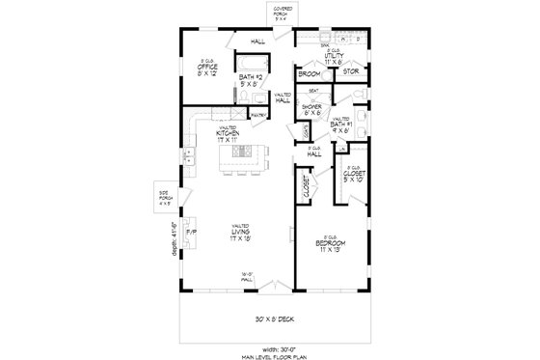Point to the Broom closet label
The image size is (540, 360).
[x=309, y=73]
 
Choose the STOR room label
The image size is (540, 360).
[x=350, y=70]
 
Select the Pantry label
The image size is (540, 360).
[x=257, y=114]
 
